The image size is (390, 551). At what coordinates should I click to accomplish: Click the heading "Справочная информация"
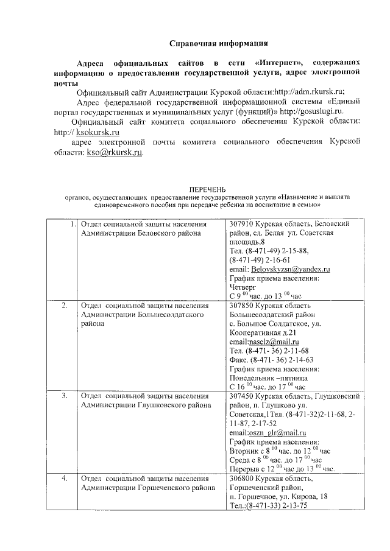(x=218, y=44)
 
